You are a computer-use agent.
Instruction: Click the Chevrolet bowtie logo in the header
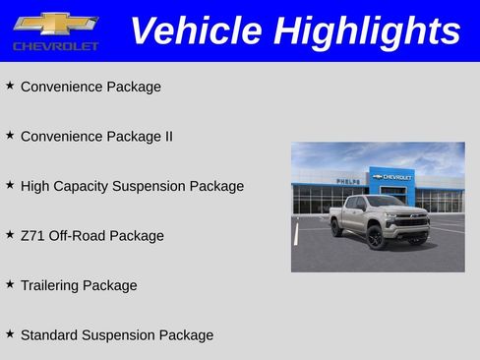coord(55,23)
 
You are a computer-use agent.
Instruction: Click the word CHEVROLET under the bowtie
coord(55,46)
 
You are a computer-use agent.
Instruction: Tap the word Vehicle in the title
coord(196,30)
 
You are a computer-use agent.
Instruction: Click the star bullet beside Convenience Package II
coord(10,135)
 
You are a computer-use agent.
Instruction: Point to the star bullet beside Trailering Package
coord(10,284)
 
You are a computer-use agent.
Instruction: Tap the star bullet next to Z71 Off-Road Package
coord(10,234)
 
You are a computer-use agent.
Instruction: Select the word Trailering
coord(49,286)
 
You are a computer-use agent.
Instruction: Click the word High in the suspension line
coord(35,186)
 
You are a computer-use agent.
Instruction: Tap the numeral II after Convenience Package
coord(167,137)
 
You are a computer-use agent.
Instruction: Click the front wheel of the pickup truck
coord(376,237)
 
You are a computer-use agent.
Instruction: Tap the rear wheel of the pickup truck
coord(337,228)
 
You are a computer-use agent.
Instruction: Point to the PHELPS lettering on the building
coord(348,181)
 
